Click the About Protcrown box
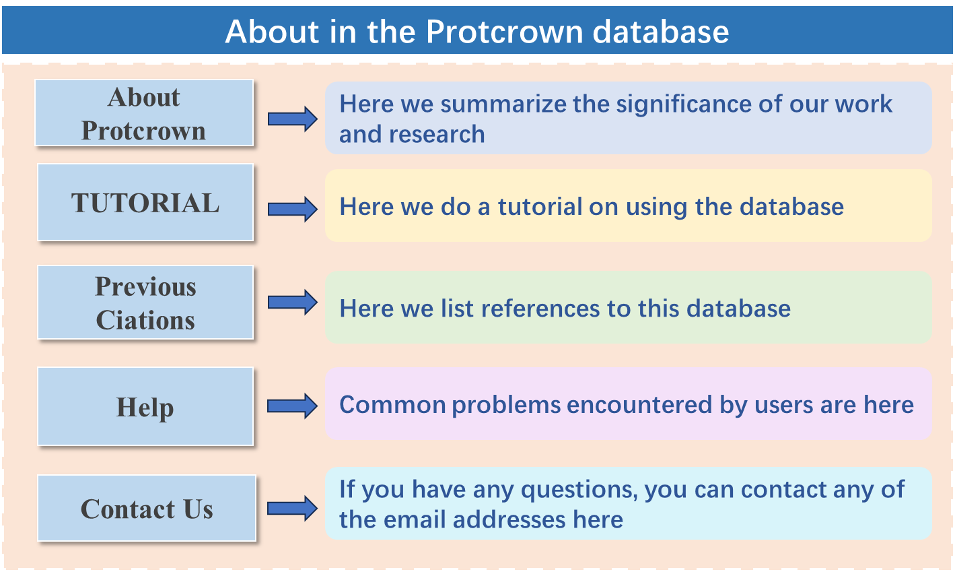(x=144, y=113)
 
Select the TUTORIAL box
(x=145, y=202)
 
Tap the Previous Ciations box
(x=145, y=303)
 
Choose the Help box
(x=145, y=406)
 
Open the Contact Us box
(x=147, y=508)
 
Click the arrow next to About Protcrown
(x=293, y=119)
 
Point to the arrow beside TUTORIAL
(x=293, y=209)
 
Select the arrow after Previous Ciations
(x=293, y=303)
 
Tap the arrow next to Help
(x=293, y=406)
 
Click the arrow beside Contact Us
(x=293, y=508)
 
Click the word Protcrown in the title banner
(x=504, y=32)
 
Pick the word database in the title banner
(x=661, y=32)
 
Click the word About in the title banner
(x=272, y=32)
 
